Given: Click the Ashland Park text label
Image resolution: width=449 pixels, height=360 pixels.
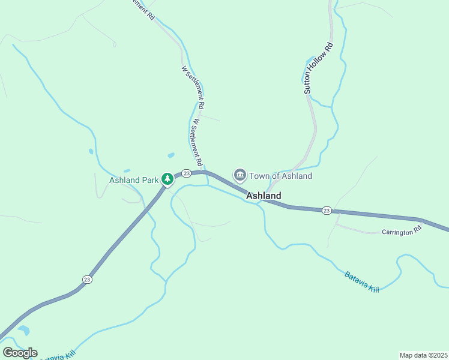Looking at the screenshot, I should click(x=134, y=179).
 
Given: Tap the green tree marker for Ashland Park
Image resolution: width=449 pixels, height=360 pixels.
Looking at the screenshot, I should click(x=168, y=179).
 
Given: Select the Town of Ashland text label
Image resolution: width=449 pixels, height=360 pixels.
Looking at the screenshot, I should click(x=280, y=176).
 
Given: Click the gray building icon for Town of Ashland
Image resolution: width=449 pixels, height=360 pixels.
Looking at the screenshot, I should click(x=240, y=175).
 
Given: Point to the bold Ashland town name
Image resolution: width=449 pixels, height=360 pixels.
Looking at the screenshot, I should click(x=264, y=196).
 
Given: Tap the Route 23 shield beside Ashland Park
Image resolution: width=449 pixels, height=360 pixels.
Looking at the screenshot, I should click(x=186, y=173).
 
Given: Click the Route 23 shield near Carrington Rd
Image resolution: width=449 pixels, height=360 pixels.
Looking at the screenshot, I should click(x=326, y=210).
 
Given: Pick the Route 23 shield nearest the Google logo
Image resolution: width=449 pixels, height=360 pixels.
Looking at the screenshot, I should click(x=87, y=279).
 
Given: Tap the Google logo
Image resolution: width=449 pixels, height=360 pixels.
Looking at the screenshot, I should click(x=20, y=353).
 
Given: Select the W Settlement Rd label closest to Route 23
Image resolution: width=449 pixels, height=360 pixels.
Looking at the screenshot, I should click(x=196, y=143).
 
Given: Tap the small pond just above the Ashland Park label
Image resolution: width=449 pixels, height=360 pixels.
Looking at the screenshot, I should click(x=171, y=155).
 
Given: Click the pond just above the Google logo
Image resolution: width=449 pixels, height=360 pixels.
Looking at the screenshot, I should click(x=24, y=329).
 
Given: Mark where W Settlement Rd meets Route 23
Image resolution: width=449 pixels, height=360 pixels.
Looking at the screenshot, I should click(x=205, y=171).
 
